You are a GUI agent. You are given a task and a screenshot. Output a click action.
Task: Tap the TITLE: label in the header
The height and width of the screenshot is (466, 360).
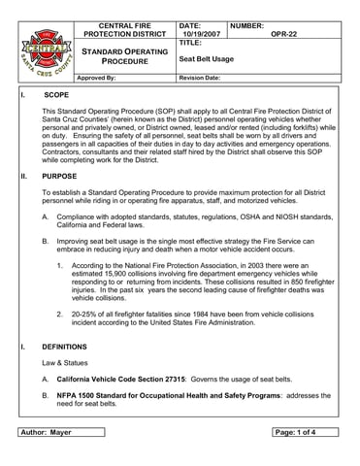click(190, 44)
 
